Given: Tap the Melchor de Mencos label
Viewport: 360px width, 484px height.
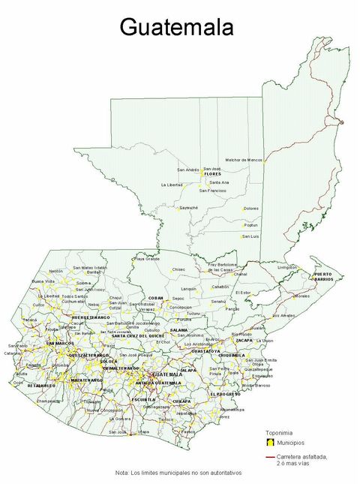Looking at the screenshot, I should pyautogui.click(x=244, y=160).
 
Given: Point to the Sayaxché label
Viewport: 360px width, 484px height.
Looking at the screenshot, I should pyautogui.click(x=188, y=207).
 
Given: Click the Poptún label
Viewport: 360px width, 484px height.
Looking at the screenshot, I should pyautogui.click(x=250, y=224).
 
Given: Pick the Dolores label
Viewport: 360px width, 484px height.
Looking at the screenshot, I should pyautogui.click(x=251, y=208).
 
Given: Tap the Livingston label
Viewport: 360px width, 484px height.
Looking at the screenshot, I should pyautogui.click(x=287, y=267).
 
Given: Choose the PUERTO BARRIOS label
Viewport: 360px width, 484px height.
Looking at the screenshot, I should pyautogui.click(x=322, y=277).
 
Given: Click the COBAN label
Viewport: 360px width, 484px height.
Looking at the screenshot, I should pyautogui.click(x=156, y=298).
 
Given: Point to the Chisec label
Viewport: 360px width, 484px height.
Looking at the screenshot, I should pyautogui.click(x=178, y=268).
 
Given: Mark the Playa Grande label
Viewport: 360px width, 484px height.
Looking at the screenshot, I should pyautogui.click(x=146, y=259).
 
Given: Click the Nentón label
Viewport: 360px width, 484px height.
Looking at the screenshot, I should pyautogui.click(x=56, y=270).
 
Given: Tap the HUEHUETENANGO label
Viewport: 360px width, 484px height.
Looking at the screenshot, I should pyautogui.click(x=91, y=317).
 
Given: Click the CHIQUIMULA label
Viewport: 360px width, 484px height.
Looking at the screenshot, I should pyautogui.click(x=232, y=355).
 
